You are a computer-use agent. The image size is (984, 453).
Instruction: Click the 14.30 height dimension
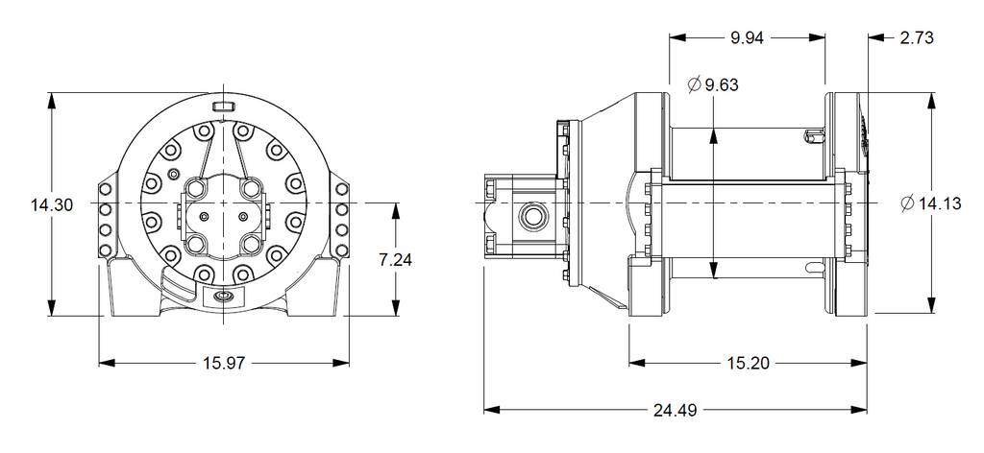pyautogui.click(x=52, y=204)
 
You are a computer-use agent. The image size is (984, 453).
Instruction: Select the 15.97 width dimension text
pyautogui.click(x=223, y=363)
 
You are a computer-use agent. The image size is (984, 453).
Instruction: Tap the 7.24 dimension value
pyautogui.click(x=395, y=259)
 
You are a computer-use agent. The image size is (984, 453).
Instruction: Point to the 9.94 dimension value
pyautogui.click(x=747, y=37)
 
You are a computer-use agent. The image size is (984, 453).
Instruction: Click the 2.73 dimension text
pyautogui.click(x=917, y=37)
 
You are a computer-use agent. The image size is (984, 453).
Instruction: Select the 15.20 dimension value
pyautogui.click(x=749, y=363)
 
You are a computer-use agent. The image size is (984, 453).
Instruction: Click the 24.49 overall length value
pyautogui.click(x=676, y=411)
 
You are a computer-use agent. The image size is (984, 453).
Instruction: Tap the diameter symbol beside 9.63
pyautogui.click(x=694, y=84)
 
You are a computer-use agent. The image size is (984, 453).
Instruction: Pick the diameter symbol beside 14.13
pyautogui.click(x=907, y=203)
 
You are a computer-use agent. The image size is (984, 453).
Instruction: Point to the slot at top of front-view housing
pyautogui.click(x=224, y=106)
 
